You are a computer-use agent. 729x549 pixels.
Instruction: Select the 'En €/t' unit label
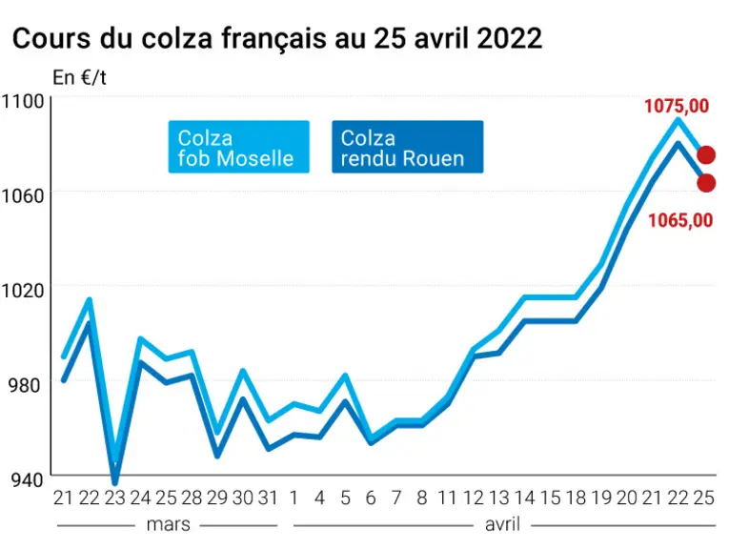[79, 77]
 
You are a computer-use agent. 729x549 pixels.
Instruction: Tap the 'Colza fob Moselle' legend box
[238, 147]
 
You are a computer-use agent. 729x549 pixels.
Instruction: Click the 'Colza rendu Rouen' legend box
[407, 147]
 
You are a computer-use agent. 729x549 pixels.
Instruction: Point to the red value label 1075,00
[677, 106]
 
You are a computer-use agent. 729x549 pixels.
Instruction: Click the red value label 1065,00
[680, 220]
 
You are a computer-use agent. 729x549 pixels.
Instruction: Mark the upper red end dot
[706, 155]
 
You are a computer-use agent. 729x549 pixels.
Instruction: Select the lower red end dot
[706, 183]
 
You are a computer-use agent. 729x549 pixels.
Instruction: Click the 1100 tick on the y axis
[22, 101]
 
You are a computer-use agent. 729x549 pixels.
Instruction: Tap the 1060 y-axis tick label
[22, 195]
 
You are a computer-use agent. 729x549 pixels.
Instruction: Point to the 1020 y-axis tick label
[22, 291]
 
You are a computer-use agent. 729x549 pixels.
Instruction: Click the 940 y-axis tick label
[27, 480]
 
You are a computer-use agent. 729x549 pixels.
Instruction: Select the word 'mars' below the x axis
[169, 525]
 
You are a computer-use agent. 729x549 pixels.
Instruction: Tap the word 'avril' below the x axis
[502, 525]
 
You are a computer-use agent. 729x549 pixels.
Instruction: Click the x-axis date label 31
[268, 498]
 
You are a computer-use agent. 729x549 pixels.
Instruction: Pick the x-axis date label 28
[192, 498]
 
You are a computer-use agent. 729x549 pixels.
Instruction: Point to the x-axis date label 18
[576, 498]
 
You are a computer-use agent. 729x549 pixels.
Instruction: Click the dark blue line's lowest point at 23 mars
[115, 482]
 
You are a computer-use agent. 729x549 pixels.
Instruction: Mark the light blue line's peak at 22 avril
[678, 120]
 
